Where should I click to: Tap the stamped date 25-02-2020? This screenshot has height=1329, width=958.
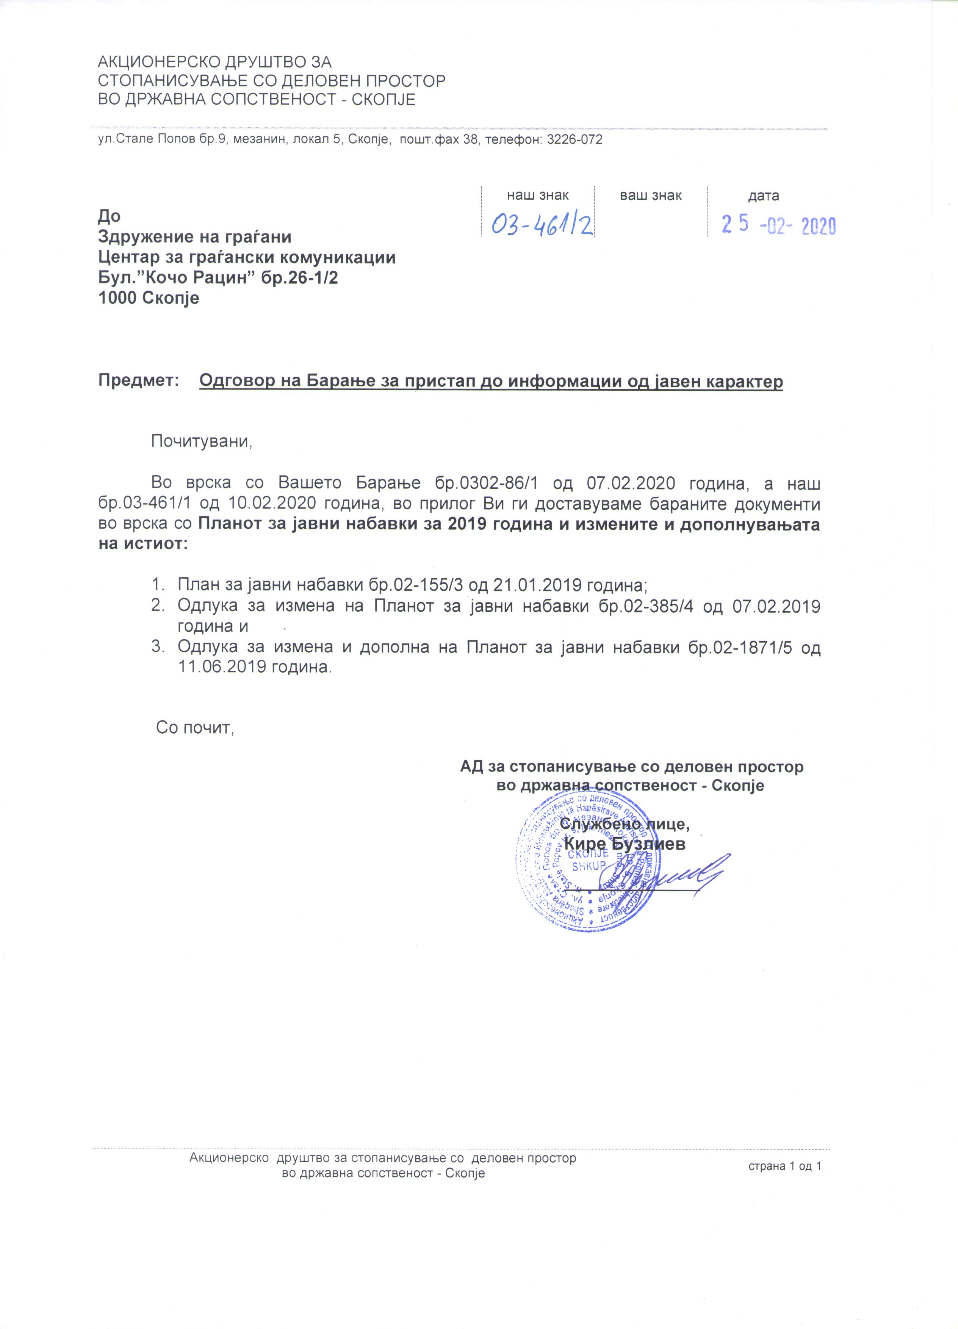778,225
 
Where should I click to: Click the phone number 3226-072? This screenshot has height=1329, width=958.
574,139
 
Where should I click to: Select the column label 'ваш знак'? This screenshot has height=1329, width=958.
651,196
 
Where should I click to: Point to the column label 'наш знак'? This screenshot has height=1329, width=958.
537,196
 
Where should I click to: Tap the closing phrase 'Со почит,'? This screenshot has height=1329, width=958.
195,729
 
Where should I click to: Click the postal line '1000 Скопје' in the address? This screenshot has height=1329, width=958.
149,298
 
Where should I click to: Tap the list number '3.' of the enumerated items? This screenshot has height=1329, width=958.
157,648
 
